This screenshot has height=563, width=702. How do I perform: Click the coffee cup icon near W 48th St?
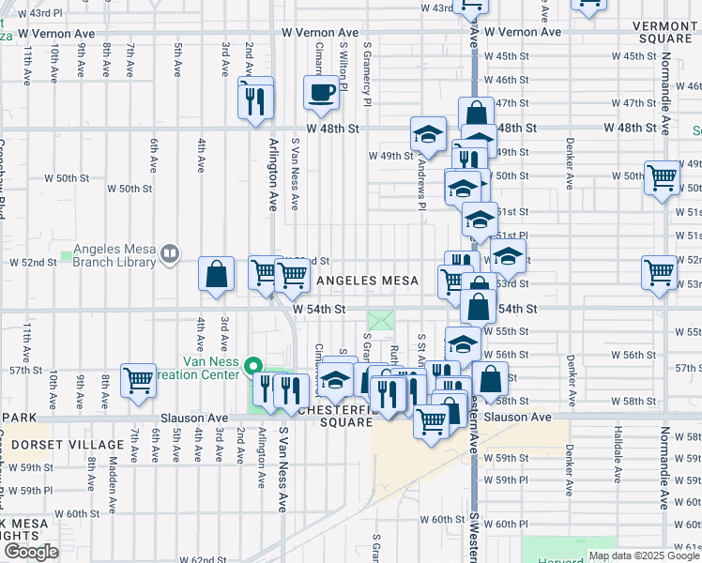321,93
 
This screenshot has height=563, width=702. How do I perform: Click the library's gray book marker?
170,251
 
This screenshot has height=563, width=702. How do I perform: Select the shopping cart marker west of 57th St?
138,380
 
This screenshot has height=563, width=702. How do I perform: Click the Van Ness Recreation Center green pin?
252,366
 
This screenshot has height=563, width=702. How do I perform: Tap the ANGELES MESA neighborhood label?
367,281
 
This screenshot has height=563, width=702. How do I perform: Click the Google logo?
31,552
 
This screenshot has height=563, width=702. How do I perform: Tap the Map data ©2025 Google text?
644,555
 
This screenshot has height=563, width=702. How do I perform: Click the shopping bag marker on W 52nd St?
217,275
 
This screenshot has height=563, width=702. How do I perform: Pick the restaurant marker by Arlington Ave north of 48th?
255,97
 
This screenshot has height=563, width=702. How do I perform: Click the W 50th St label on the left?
130,189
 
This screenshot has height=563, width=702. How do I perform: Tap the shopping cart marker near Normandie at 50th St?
663,175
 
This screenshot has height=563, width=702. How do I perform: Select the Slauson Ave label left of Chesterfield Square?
194,418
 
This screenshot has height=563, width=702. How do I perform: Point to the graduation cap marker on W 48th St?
428,133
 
